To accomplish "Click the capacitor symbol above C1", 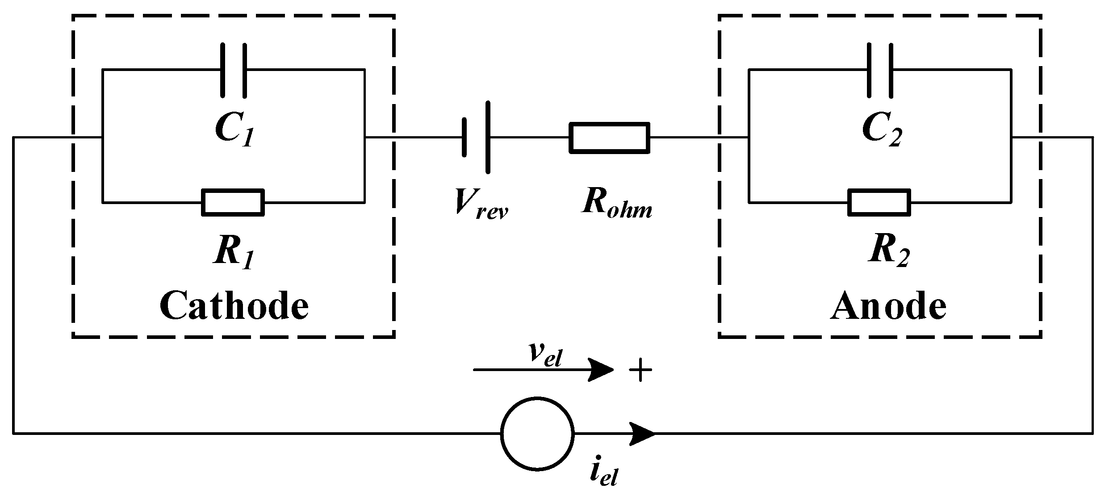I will pos(233,70).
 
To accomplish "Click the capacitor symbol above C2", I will pos(880,70).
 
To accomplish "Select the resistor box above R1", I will pos(233,202).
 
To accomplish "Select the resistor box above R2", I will pos(879,202).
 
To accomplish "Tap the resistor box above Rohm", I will pos(609,138).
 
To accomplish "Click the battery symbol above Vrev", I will pos(476,138).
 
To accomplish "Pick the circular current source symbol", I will pos(537,433).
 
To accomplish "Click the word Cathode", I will pos(234,306).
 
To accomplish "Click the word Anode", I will pos(888,306).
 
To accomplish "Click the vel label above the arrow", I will pos(544,355).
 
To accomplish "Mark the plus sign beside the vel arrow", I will pos(640,370).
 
